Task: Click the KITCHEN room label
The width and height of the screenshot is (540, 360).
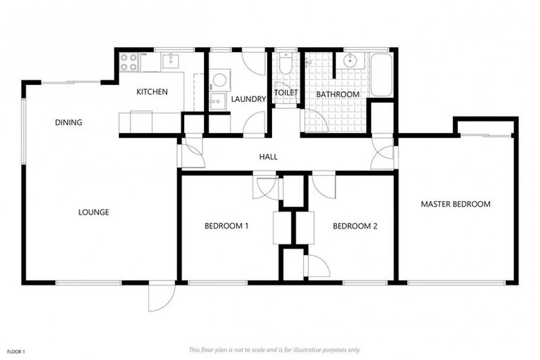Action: pos(152,91)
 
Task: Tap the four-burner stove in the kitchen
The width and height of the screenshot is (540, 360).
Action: pos(128,62)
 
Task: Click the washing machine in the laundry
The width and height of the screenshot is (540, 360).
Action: pos(219,79)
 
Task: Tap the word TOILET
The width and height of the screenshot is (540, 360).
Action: pos(286,93)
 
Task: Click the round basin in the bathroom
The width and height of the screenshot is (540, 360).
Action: pos(349,61)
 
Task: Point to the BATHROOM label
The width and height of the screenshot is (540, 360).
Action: pos(337,94)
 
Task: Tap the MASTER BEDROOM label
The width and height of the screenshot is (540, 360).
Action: pos(455,204)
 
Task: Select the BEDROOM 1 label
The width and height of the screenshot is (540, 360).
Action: pos(226,226)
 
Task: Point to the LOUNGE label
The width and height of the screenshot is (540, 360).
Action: pos(94,212)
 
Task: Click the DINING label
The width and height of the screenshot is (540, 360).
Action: pos(68,122)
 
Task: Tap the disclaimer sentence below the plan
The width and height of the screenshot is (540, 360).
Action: pos(274,349)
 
